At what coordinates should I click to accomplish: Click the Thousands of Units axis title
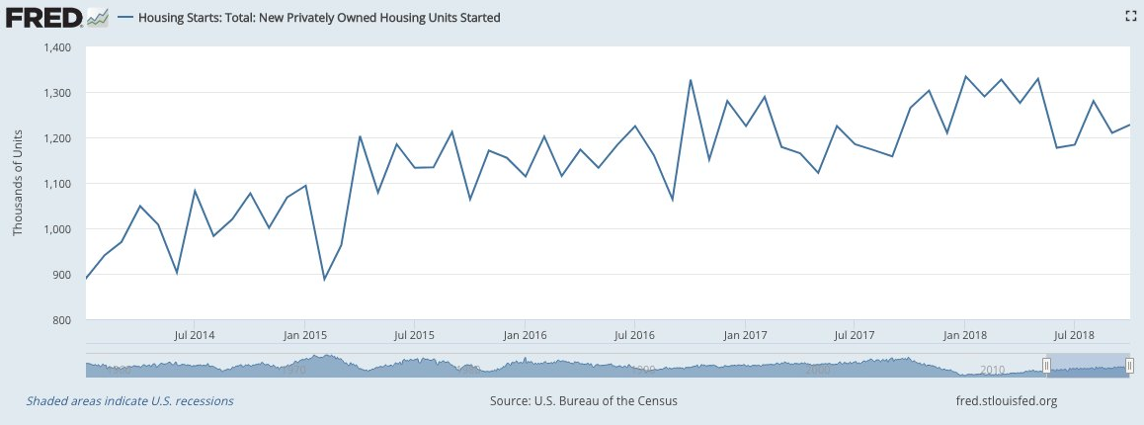(x=17, y=184)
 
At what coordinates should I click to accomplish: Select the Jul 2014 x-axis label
(x=194, y=334)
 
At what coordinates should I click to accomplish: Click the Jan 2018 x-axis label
(x=965, y=334)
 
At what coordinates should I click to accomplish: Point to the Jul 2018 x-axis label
(x=1074, y=334)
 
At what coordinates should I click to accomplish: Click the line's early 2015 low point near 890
(x=324, y=279)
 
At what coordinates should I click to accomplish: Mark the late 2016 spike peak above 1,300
(x=691, y=80)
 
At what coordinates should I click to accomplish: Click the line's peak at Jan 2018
(x=965, y=77)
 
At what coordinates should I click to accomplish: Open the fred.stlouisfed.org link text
(x=1002, y=401)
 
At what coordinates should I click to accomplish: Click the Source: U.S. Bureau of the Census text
(x=583, y=401)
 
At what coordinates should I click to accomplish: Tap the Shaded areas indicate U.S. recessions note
(x=130, y=401)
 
